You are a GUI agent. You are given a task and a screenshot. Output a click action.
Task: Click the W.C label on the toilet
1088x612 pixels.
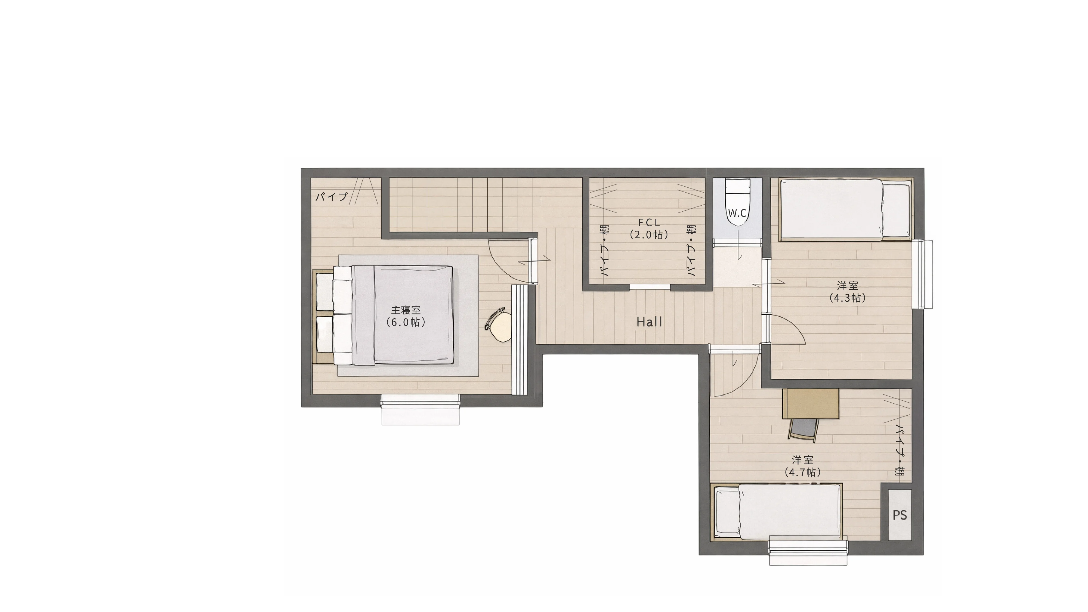coord(737,213)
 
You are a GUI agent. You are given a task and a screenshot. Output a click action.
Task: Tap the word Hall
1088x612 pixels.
coord(650,322)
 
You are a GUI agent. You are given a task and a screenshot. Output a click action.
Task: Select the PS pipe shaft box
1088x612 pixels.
coord(900,515)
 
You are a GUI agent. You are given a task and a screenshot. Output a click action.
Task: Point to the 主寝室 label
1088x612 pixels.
coord(406,310)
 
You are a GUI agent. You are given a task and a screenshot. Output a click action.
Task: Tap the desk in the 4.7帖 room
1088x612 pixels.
coord(811,404)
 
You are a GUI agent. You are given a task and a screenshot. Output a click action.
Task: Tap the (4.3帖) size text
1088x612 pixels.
coord(847,298)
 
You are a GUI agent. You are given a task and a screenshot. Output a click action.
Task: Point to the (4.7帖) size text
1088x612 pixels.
coord(802,472)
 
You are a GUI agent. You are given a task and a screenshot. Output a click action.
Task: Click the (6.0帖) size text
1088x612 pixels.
coord(406,322)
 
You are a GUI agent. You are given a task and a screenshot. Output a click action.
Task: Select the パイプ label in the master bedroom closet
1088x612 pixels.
coord(332,196)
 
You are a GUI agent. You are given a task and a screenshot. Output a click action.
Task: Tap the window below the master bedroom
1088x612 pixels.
coord(420,409)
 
